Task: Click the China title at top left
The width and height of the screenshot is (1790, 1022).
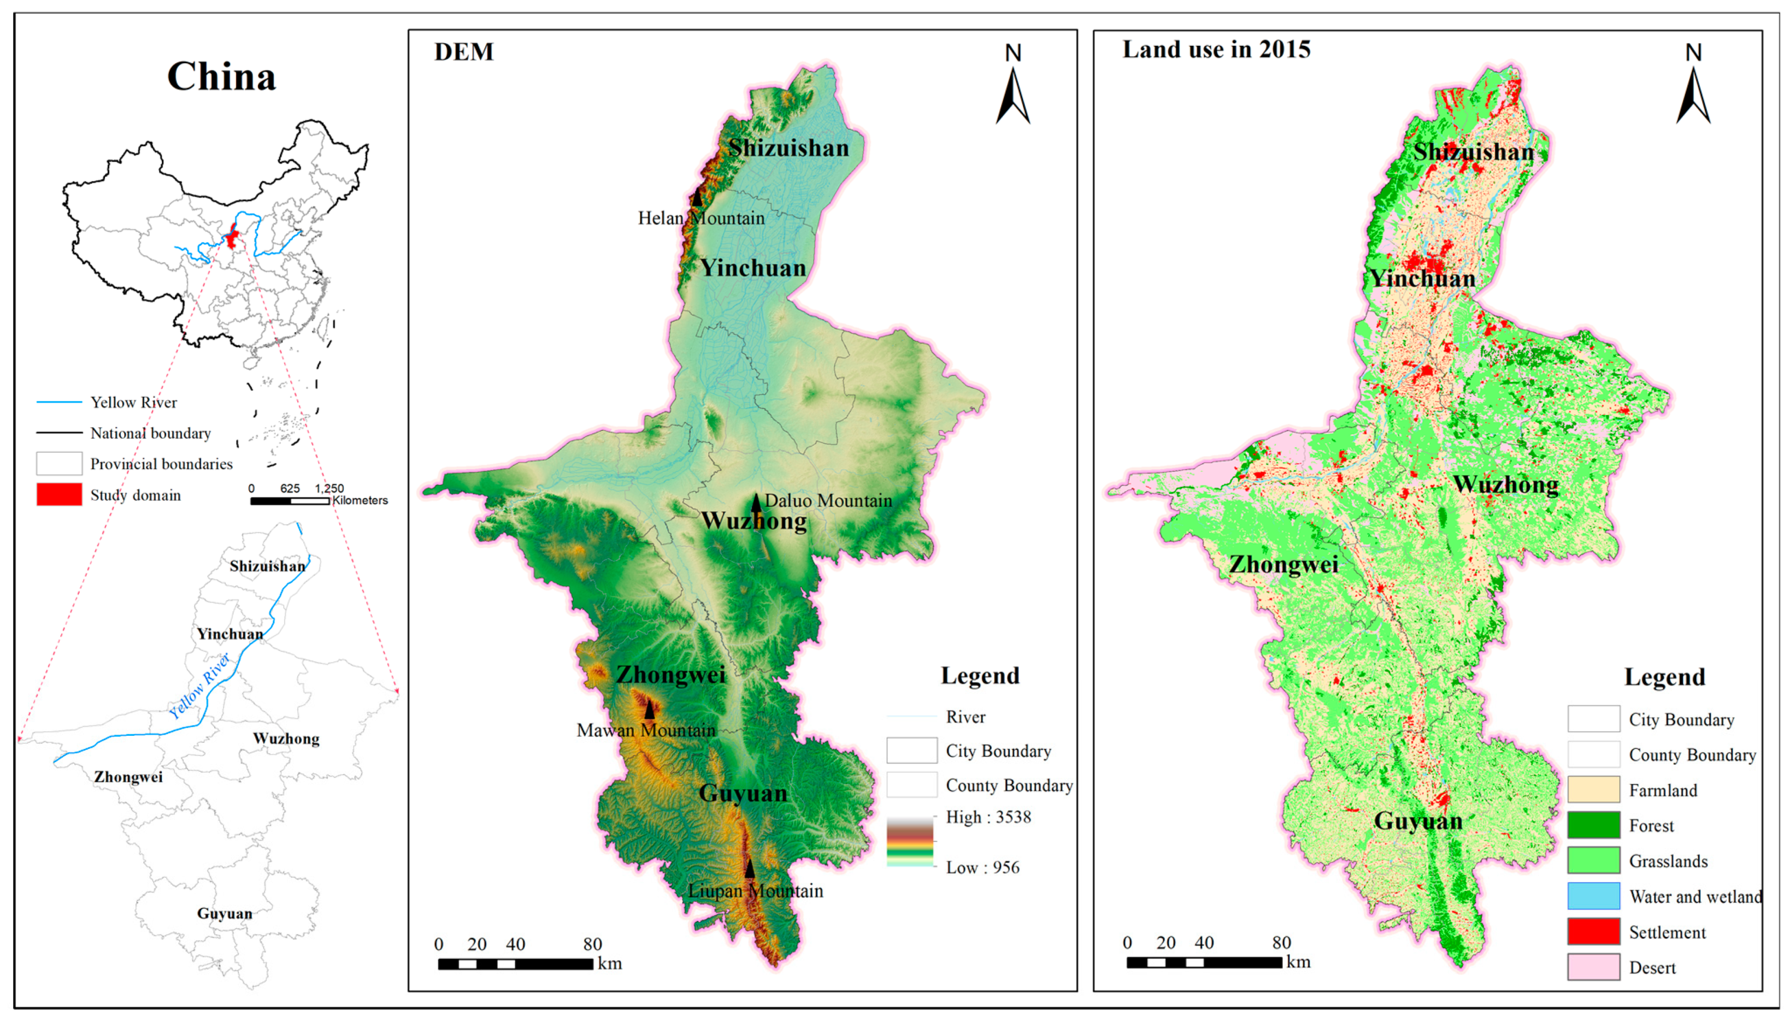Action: coord(221,76)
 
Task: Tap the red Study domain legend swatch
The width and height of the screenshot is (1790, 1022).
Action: coord(59,494)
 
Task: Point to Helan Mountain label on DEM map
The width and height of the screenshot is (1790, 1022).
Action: coord(700,218)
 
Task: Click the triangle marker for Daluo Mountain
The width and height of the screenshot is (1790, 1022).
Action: coord(756,503)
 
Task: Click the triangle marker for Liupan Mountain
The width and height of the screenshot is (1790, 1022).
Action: coord(750,869)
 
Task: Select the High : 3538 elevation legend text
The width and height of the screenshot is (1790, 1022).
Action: coord(988,817)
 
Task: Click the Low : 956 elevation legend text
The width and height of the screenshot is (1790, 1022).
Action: coord(982,867)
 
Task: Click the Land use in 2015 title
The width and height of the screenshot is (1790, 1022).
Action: coord(1216,50)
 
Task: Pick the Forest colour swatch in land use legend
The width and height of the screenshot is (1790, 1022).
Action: coord(1593,825)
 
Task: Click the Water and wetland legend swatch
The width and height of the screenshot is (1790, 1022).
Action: coord(1593,896)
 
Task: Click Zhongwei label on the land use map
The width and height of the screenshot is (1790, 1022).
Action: coord(1283,565)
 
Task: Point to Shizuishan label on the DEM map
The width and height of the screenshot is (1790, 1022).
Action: coord(788,148)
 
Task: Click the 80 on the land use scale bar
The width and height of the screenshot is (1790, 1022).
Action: coord(1281,943)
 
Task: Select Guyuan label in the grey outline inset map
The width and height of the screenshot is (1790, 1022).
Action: coord(224,913)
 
